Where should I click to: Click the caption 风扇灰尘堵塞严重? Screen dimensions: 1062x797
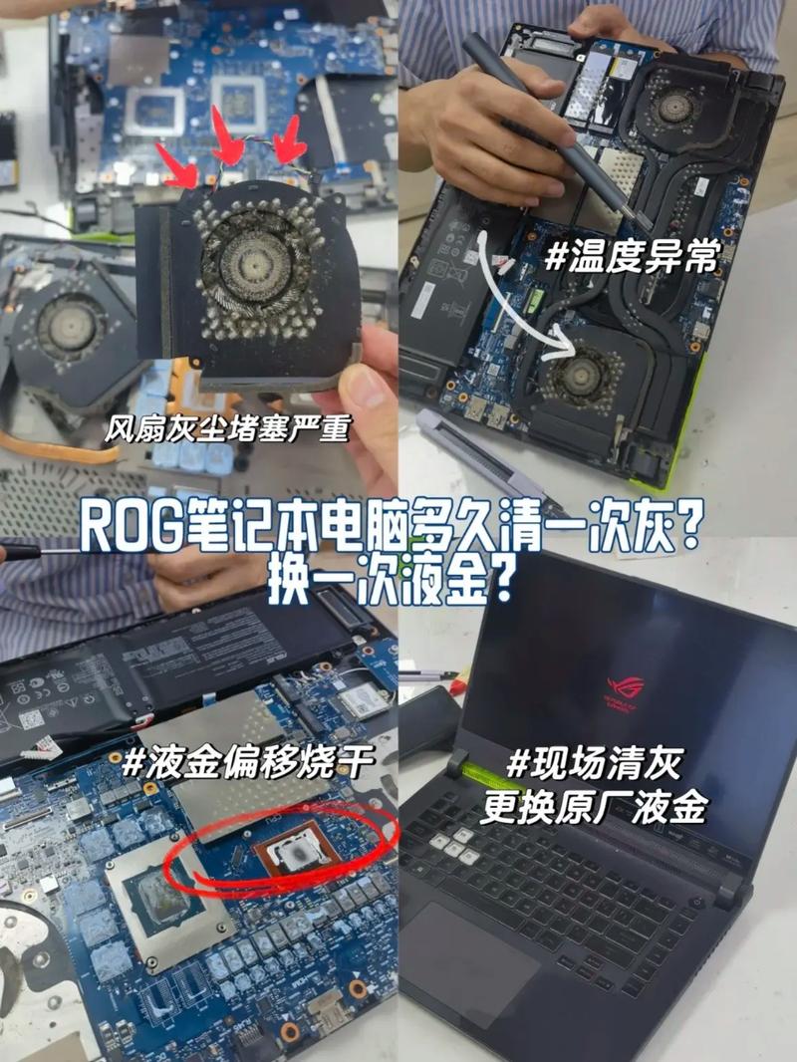pyautogui.click(x=228, y=429)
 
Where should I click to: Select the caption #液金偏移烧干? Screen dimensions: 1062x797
pyautogui.click(x=248, y=764)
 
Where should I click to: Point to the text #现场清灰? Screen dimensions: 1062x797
pyautogui.click(x=594, y=765)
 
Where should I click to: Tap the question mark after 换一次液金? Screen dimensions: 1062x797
pyautogui.click(x=506, y=583)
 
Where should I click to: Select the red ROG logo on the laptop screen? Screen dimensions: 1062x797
pyautogui.click(x=626, y=687)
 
